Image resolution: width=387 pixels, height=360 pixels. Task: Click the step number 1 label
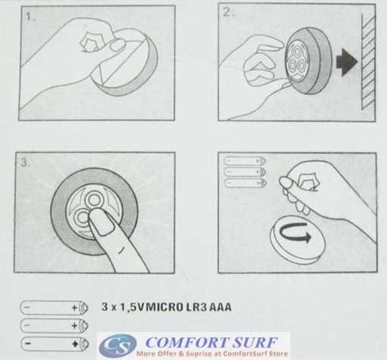coord(30,18)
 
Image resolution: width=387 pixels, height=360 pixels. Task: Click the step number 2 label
coord(228,12)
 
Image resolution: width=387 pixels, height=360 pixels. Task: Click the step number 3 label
coord(25,163)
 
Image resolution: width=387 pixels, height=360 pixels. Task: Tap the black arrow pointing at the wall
coord(347,62)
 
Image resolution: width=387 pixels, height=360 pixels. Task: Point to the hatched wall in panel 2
coord(368,62)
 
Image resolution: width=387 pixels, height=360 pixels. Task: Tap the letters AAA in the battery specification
coord(220,307)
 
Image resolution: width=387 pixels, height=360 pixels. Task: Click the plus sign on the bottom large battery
coord(75,343)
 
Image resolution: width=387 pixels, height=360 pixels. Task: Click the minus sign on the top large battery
coord(27,307)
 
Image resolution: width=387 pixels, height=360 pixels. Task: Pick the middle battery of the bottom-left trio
coord(54,325)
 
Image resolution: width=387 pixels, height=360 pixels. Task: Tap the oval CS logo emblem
coord(118,346)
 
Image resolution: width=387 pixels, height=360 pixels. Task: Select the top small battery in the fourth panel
coord(245,160)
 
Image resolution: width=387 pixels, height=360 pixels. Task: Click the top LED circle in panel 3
coord(94,200)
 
